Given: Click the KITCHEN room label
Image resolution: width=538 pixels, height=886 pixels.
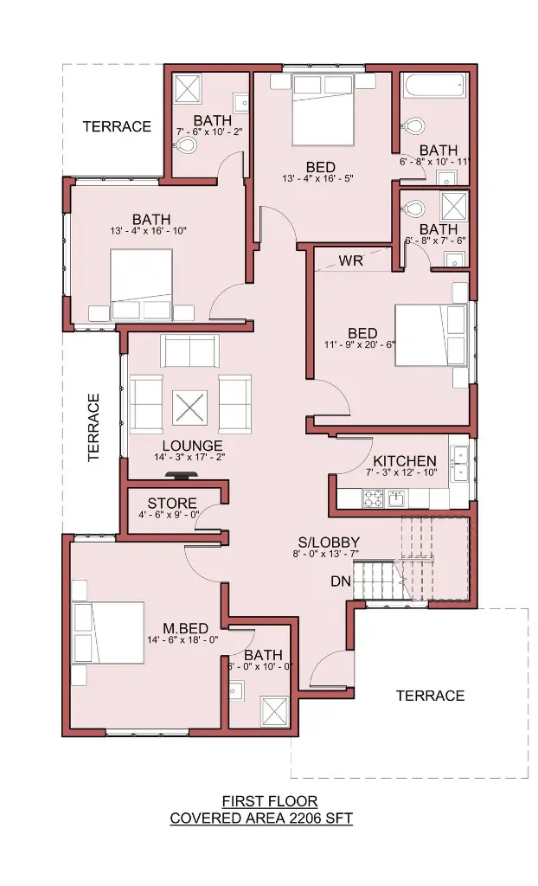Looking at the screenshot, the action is (405, 461).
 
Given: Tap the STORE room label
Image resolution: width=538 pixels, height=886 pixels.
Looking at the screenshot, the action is (172, 503).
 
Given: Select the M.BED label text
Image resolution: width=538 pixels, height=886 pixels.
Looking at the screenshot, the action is (185, 628).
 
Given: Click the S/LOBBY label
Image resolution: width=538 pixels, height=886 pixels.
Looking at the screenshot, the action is (329, 543).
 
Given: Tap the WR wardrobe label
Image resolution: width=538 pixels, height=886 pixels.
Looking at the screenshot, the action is (351, 260).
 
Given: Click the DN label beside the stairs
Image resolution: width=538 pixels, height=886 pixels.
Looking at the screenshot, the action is (341, 581).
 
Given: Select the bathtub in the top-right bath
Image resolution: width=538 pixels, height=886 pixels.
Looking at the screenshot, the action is (435, 86).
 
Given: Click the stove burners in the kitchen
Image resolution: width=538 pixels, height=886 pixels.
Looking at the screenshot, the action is (373, 498).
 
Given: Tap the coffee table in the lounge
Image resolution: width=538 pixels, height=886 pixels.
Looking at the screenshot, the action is (189, 408).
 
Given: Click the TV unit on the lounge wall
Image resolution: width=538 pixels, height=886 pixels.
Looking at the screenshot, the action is (181, 477).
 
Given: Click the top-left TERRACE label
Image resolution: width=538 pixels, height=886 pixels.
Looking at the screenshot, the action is (117, 126).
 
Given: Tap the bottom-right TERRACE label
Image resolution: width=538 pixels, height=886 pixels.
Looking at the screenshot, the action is (430, 695).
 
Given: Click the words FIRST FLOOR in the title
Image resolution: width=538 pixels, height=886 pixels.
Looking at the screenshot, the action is (270, 800).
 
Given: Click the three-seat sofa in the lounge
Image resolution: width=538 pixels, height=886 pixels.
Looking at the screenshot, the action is (189, 351).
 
